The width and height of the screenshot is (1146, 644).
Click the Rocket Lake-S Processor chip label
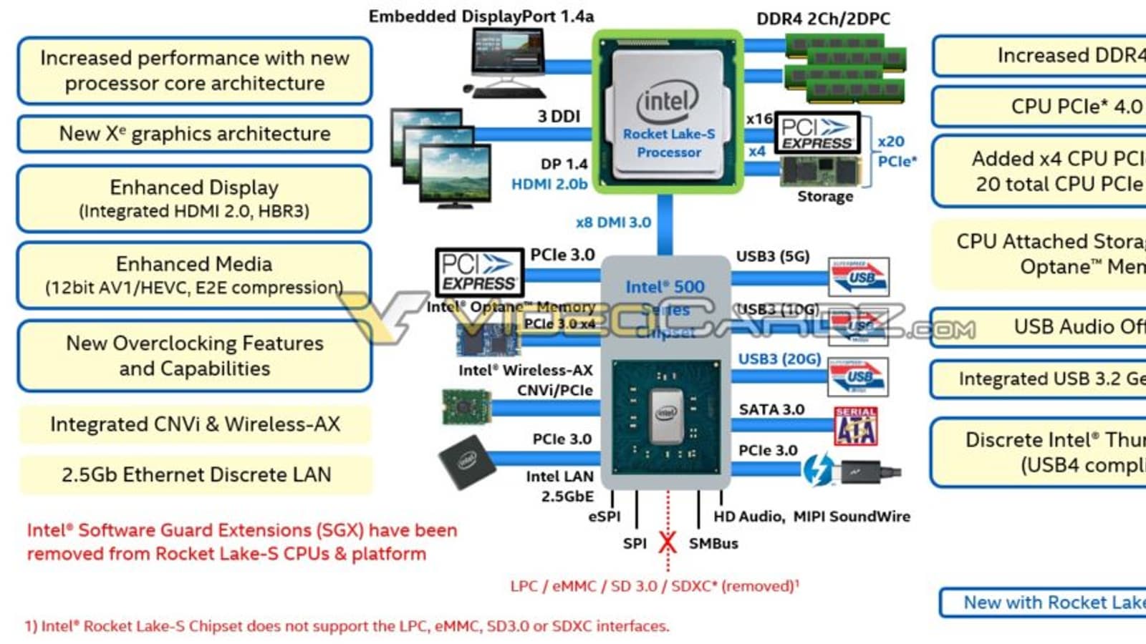(x=668, y=143)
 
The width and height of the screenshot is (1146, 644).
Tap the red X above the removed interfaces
(x=668, y=542)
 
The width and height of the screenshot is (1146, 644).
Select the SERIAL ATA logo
(x=856, y=426)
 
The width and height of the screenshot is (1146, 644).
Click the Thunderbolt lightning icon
(x=817, y=470)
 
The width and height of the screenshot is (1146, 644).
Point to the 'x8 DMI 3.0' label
(x=613, y=223)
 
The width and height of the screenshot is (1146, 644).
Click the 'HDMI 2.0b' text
(x=549, y=185)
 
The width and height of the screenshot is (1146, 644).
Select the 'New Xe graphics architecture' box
(x=195, y=134)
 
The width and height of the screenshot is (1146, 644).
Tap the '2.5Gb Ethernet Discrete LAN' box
(x=196, y=475)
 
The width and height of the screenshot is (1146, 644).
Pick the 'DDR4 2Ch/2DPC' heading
(x=823, y=19)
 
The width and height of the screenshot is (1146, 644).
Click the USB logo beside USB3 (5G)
(x=858, y=277)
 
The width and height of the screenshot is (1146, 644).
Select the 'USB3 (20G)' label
(x=779, y=358)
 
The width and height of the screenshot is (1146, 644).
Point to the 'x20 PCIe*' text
(x=895, y=152)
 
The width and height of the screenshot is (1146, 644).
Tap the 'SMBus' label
(x=713, y=544)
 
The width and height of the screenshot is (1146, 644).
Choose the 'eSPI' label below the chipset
(x=604, y=517)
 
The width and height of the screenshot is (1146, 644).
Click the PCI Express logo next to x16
(x=817, y=133)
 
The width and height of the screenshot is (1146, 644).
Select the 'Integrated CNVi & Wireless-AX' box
(x=195, y=424)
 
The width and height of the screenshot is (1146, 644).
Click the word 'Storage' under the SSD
(x=825, y=197)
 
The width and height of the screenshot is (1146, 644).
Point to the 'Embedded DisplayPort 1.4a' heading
(x=481, y=16)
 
